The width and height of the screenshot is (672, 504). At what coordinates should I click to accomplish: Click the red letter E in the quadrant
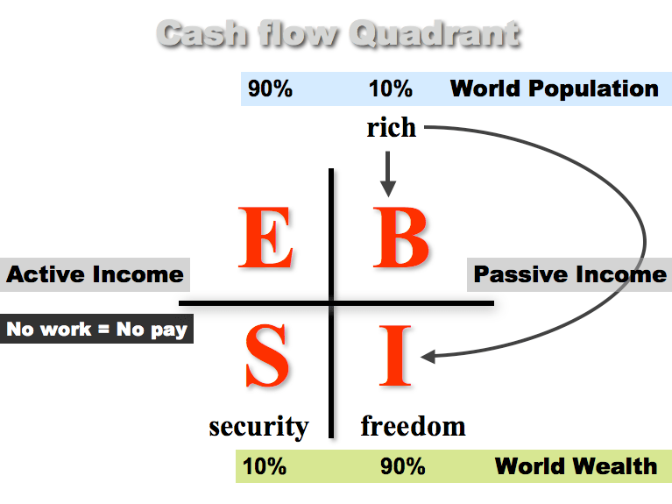tap(265, 238)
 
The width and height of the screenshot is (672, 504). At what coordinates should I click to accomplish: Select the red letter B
tap(400, 238)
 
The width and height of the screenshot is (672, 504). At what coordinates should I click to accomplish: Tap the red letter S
tap(267, 356)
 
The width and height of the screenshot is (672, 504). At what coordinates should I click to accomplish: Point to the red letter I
tap(395, 356)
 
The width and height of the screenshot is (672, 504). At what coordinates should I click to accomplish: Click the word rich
tap(392, 127)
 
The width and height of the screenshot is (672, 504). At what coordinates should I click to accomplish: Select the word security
tap(258, 427)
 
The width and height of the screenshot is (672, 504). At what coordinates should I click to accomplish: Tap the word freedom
tap(414, 426)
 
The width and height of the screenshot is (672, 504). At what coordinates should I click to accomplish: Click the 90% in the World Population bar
tap(270, 89)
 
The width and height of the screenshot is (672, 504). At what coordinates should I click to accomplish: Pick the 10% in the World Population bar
tap(391, 89)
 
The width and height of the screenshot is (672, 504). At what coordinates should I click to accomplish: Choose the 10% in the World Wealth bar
tap(265, 466)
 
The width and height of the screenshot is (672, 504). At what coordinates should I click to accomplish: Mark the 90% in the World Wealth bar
tap(403, 466)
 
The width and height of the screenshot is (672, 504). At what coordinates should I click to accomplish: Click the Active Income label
tap(95, 274)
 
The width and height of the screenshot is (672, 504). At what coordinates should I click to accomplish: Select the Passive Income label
tap(569, 274)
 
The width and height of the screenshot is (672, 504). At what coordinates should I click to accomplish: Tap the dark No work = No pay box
tap(96, 329)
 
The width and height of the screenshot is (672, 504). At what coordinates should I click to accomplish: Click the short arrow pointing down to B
tap(388, 174)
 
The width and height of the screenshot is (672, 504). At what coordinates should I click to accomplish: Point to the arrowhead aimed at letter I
tap(428, 357)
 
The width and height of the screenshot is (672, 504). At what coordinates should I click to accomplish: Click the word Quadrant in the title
tap(435, 33)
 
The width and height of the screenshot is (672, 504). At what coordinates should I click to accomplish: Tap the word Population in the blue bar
tap(593, 89)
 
